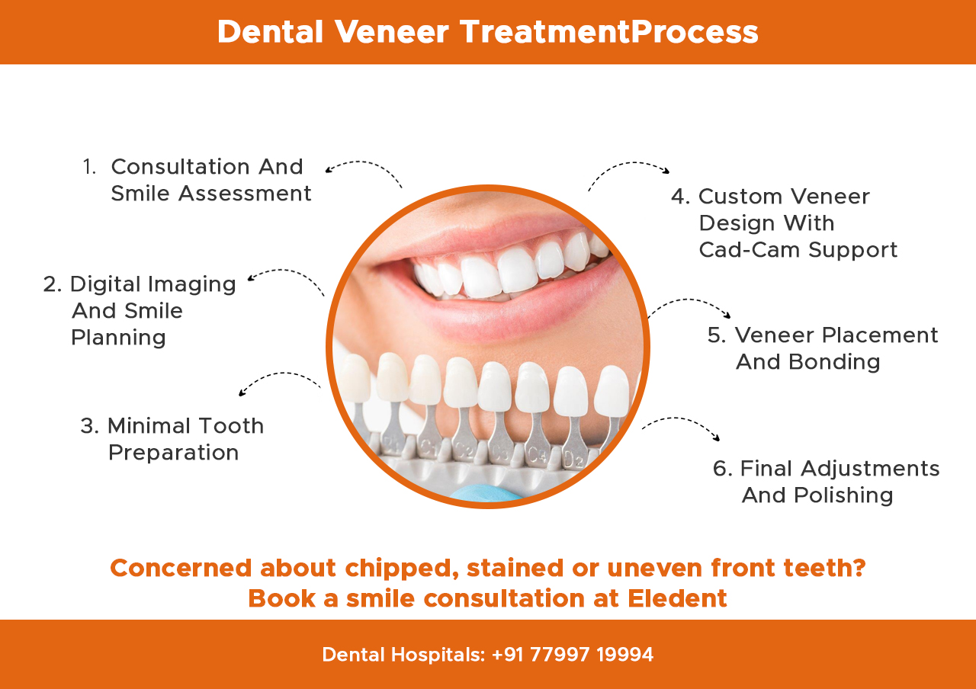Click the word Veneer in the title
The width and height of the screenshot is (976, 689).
[x=392, y=32]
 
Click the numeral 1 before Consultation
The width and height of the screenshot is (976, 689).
[x=89, y=167]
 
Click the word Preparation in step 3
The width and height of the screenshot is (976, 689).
[x=174, y=453]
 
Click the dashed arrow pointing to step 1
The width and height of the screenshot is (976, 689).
[x=362, y=168]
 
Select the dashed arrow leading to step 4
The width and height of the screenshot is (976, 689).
[x=628, y=171]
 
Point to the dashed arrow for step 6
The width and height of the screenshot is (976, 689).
[x=681, y=425]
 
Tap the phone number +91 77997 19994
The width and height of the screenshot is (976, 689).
[x=572, y=655]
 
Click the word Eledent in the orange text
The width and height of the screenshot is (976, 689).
[x=677, y=598]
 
